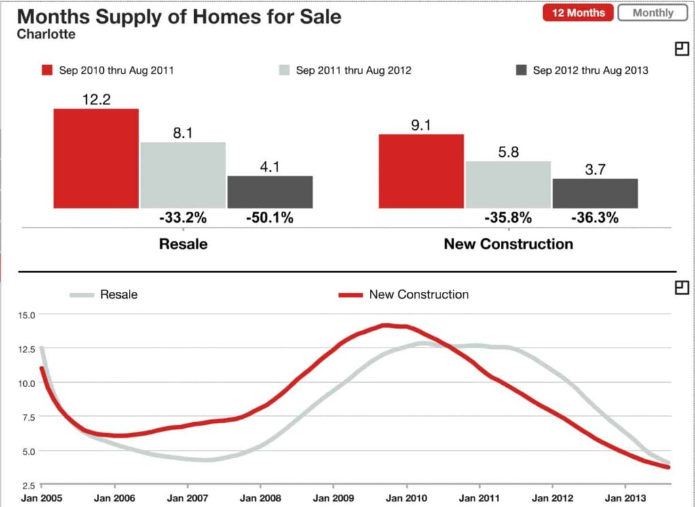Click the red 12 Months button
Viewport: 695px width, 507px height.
pyautogui.click(x=578, y=13)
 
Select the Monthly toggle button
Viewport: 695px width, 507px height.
pyautogui.click(x=653, y=13)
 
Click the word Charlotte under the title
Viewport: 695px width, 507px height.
pyautogui.click(x=46, y=33)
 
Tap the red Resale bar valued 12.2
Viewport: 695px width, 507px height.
pyautogui.click(x=96, y=158)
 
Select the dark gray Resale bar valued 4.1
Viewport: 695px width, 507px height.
pyautogui.click(x=270, y=191)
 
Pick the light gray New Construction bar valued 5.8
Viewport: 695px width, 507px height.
pyautogui.click(x=508, y=184)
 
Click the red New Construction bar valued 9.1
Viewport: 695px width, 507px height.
pyautogui.click(x=421, y=171)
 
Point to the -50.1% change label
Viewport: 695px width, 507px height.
pyautogui.click(x=269, y=218)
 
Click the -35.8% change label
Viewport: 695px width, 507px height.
pyautogui.click(x=508, y=218)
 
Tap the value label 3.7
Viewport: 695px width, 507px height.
pyautogui.click(x=595, y=170)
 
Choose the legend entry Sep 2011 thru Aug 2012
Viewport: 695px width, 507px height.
pyautogui.click(x=345, y=71)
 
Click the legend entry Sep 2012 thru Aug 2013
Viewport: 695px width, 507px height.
pyautogui.click(x=582, y=71)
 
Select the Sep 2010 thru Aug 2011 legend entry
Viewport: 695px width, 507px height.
pyautogui.click(x=108, y=71)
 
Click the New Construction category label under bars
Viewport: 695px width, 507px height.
pyautogui.click(x=508, y=244)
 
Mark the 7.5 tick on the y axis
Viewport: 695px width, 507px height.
pyautogui.click(x=27, y=417)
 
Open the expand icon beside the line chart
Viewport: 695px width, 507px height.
pyautogui.click(x=682, y=288)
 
